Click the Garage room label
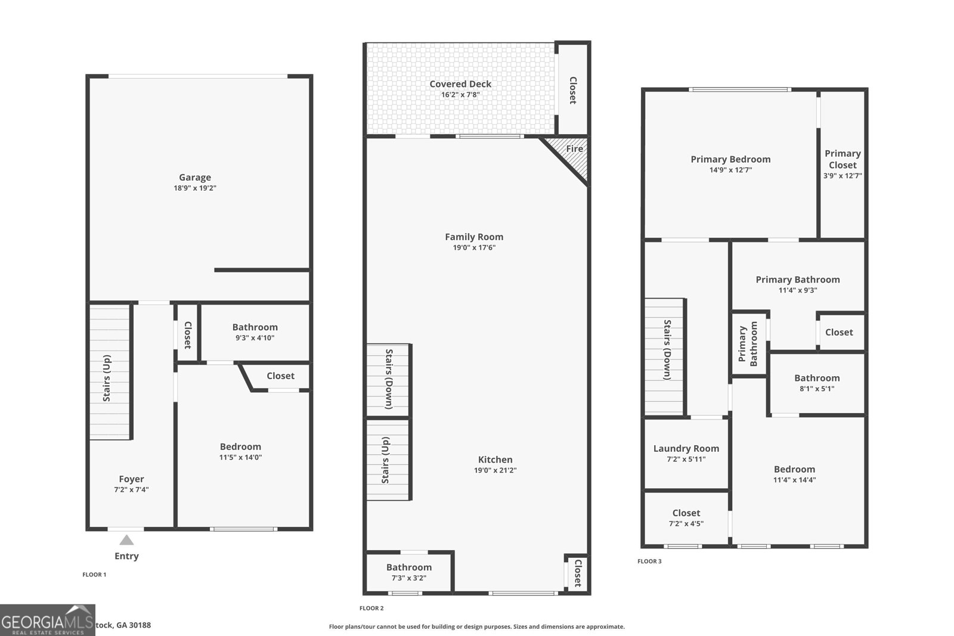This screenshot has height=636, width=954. coord(195,177)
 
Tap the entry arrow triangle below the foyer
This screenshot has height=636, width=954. coord(126,540)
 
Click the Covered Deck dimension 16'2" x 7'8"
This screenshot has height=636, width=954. coord(460,95)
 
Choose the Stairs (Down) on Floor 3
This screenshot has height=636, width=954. coord(664,356)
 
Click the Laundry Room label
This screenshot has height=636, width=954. coord(686,449)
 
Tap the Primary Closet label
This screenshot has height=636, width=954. coord(843,159)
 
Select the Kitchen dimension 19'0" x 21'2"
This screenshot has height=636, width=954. coord(495,470)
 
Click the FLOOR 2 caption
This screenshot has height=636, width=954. coord(371,608)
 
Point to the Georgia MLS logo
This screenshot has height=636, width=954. coord(48,620)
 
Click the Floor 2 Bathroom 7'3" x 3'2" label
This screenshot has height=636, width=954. coord(409,567)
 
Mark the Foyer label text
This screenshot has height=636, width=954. coord(131,479)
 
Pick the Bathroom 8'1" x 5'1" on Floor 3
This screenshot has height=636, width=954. coord(817,383)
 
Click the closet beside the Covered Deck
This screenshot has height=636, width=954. coord(573,89)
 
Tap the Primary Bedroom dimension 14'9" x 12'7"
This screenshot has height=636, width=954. coord(730,170)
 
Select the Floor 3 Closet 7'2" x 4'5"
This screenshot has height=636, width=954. coord(686,518)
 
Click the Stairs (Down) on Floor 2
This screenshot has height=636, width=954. coord(388,380)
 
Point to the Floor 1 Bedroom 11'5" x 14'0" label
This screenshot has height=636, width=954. coord(240,447)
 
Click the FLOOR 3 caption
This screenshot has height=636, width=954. coord(649,561)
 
